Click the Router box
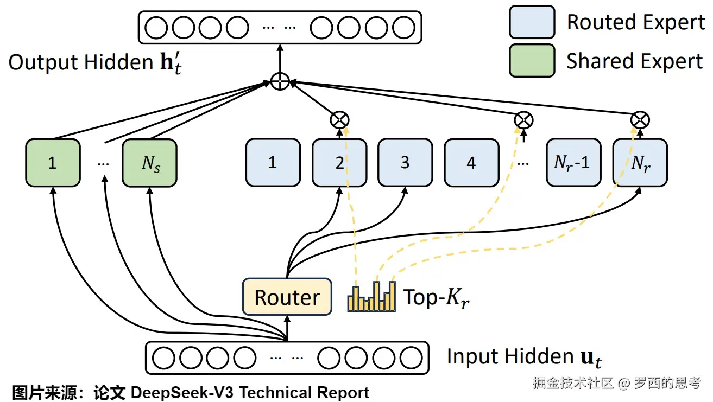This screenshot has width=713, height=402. [287, 297]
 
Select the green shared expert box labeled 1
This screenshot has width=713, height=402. [53, 163]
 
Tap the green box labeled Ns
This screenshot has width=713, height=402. [149, 163]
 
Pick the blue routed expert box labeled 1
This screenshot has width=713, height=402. [273, 163]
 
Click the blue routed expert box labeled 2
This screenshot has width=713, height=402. [339, 163]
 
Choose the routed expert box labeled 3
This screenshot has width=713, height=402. [405, 163]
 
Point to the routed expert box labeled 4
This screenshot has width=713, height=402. [471, 163]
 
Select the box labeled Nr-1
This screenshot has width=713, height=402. [572, 163]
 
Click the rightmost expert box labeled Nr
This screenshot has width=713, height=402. [640, 163]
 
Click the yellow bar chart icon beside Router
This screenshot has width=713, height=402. [371, 297]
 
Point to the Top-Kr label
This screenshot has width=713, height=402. [435, 297]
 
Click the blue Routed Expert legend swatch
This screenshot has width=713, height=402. [532, 22]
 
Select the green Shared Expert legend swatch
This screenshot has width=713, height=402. [532, 60]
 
